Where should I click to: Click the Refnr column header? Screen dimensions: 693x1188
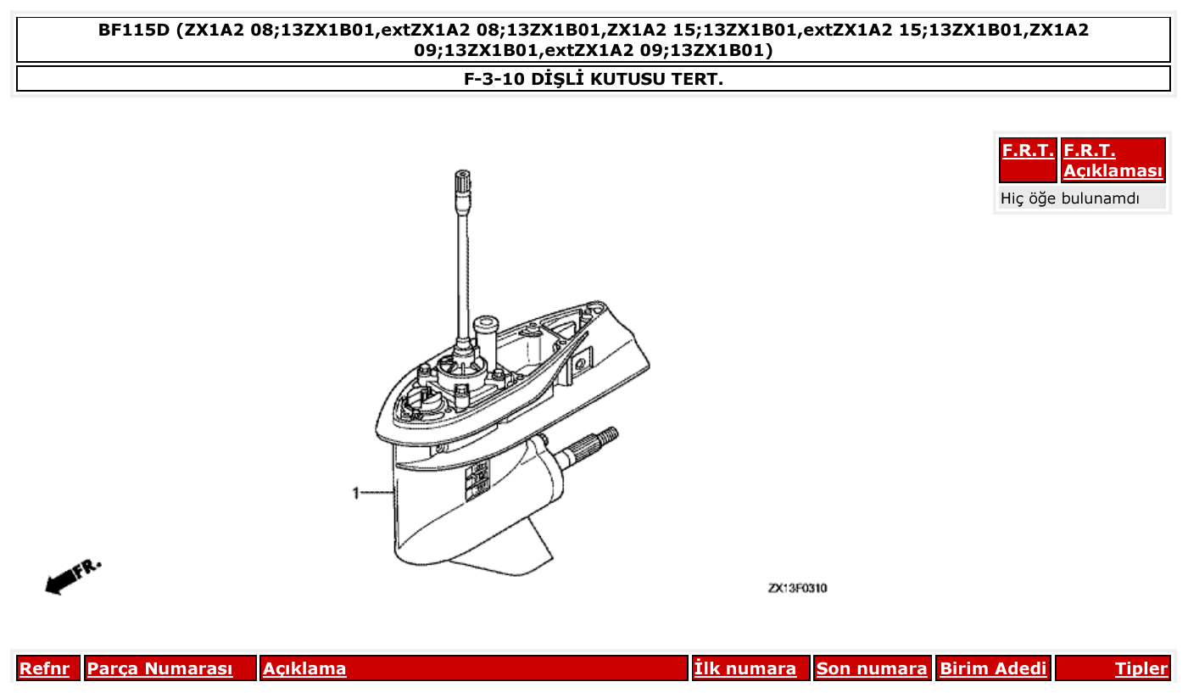pos(44,668)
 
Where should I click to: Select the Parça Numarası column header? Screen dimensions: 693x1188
pos(160,668)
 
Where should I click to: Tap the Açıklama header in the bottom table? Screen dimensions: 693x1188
pos(304,668)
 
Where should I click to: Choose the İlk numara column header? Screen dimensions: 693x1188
pos(745,668)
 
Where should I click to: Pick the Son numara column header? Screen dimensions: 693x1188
pos(872,668)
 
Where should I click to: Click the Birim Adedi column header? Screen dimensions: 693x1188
pos(993,668)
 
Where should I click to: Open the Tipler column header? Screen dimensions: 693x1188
pos(1141,668)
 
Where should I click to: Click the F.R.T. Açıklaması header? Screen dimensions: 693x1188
pos(1113,160)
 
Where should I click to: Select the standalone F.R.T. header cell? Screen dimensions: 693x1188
pos(1028,151)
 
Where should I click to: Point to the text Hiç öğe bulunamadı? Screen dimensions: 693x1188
pos(1070,198)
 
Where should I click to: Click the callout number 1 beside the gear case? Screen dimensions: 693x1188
pos(357,492)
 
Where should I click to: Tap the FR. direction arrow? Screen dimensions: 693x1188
pos(72,576)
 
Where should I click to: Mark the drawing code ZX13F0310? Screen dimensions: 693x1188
pos(797,588)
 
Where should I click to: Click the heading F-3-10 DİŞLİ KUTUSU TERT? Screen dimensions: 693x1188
pos(594,79)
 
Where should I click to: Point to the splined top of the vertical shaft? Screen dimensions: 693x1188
pos(462,182)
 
